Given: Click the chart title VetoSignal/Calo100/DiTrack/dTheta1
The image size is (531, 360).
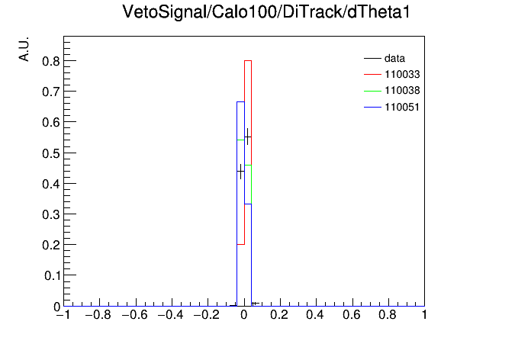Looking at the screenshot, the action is coord(265,12).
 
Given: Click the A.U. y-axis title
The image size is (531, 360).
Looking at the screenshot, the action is coord(24,49).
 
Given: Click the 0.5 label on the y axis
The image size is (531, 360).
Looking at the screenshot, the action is coord(51,153).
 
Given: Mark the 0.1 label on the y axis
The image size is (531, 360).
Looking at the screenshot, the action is coord(52,275).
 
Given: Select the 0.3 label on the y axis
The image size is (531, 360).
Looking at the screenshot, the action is coord(51,214).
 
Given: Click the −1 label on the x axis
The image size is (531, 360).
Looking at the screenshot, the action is coord(63,315).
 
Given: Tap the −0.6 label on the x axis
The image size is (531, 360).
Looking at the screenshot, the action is coord(134,315).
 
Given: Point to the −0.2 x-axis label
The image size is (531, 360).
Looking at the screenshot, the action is coord(207,315).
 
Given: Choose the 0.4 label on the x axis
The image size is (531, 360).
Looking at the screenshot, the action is coord(315,315).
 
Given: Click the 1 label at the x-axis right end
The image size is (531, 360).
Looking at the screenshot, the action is coord(424,315).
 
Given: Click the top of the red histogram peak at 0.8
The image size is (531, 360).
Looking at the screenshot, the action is coord(248,60).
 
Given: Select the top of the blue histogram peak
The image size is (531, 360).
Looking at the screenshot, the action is coord(240,101).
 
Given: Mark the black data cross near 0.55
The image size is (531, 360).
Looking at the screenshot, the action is coord(247,137).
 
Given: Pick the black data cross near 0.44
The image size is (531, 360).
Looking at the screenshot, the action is coord(240,172).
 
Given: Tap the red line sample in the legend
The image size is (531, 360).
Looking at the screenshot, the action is coord(372,75).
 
